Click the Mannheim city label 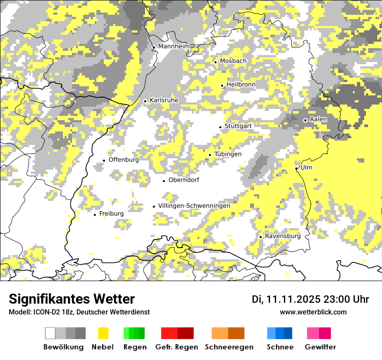pyautogui.click(x=174, y=46)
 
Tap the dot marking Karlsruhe pyautogui.click(x=145, y=101)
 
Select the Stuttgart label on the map pyautogui.click(x=238, y=126)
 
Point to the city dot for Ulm pyautogui.click(x=296, y=168)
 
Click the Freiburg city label pyautogui.click(x=111, y=214)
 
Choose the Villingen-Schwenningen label pyautogui.click(x=194, y=206)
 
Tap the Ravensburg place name pyautogui.click(x=283, y=236)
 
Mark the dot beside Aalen pyautogui.click(x=305, y=120)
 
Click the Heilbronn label pyautogui.click(x=241, y=85)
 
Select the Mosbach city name pyautogui.click(x=233, y=61)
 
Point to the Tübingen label pyautogui.click(x=228, y=154)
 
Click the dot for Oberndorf pyautogui.click(x=164, y=181)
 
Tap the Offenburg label pyautogui.click(x=124, y=160)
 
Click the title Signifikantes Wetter pyautogui.click(x=72, y=299)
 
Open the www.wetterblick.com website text pyautogui.click(x=313, y=312)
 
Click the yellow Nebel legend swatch pyautogui.click(x=103, y=333)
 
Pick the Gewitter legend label pyautogui.click(x=320, y=347)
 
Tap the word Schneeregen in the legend pyautogui.click(x=229, y=347)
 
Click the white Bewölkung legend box pyautogui.click(x=50, y=333)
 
